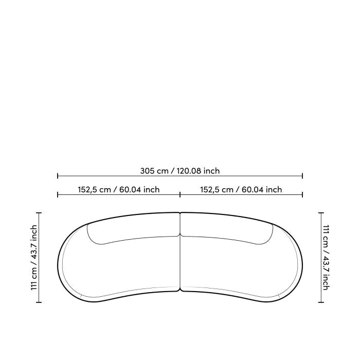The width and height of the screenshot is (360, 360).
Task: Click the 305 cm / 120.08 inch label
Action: [x=180, y=171]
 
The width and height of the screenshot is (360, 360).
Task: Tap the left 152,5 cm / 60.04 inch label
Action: [x=118, y=190]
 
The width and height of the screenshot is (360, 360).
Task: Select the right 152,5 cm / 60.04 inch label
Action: [x=241, y=190]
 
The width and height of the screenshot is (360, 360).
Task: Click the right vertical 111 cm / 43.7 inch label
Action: [x=326, y=257]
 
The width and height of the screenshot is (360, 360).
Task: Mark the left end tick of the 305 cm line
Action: [x=58, y=176]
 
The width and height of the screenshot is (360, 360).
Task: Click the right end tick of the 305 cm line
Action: [x=302, y=176]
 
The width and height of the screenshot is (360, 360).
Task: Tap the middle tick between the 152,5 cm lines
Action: [x=180, y=195]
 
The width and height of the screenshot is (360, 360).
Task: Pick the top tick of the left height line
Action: [x=39, y=213]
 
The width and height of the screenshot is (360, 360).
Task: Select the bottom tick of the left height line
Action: [x=39, y=302]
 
